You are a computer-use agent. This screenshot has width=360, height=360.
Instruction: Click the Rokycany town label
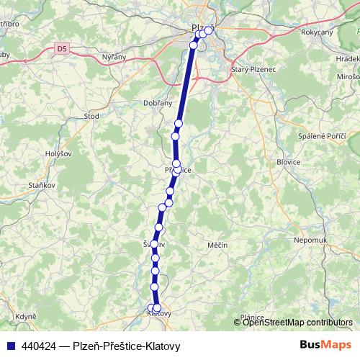coord(317,32)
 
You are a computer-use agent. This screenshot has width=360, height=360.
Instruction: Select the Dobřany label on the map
coord(158,103)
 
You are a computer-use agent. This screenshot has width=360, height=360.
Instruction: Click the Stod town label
coord(91,115)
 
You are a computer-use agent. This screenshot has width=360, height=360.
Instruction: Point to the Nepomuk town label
coord(311,239)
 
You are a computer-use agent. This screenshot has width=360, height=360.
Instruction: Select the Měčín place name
coord(217,246)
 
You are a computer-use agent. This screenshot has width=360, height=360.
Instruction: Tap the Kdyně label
coord(27,316)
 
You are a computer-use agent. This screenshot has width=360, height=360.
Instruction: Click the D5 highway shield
coord(63,49)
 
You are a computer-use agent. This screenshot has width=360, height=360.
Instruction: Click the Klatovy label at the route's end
coord(158,314)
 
